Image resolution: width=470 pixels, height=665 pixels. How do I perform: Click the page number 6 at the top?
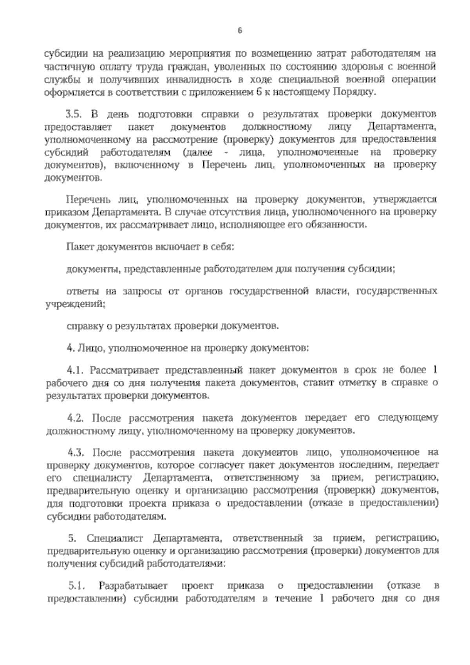(239, 31)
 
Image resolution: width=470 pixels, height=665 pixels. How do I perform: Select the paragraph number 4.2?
(76, 418)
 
